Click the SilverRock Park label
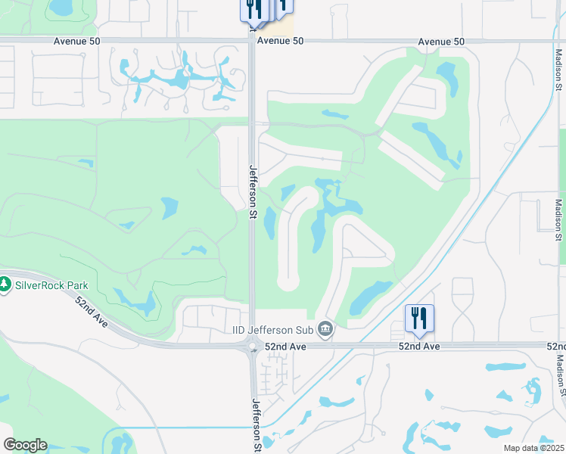pos(51,285)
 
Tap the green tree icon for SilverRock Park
pos(5,285)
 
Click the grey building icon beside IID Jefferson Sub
pos(325,328)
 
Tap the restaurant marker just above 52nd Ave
pos(419,319)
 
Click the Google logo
pos(25,445)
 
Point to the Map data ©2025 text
pos(533,448)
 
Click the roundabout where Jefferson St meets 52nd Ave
pos(253,346)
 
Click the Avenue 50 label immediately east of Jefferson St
pos(280,41)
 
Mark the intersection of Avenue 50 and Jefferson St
pos(253,41)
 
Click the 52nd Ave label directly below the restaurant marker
pos(419,346)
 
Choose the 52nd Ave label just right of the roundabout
pos(285,346)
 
